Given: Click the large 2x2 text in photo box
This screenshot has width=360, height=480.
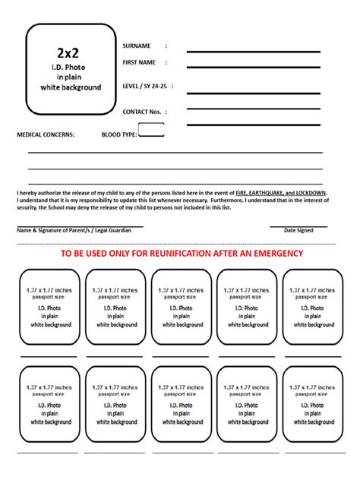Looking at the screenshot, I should click(x=71, y=52).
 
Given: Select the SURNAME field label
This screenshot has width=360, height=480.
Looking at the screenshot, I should click(x=137, y=46).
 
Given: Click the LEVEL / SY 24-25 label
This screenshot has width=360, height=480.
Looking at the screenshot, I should click(x=147, y=87).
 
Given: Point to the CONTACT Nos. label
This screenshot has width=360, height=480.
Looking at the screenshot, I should click(x=143, y=112).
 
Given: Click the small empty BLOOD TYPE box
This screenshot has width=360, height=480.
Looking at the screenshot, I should click(x=151, y=130).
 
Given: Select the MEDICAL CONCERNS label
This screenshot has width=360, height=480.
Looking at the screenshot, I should click(x=46, y=134).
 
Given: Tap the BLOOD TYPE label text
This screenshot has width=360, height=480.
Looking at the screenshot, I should click(x=119, y=134).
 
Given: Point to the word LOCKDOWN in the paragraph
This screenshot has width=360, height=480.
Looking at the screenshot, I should click(x=311, y=193).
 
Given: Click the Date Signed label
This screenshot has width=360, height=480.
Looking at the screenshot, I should click(x=298, y=230).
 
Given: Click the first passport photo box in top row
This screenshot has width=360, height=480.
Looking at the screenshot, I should click(x=49, y=307).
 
